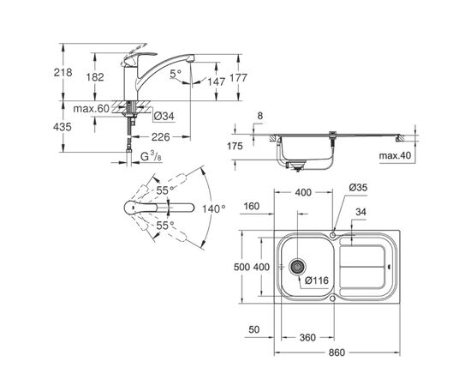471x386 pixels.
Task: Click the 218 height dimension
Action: pyautogui.click(x=63, y=73)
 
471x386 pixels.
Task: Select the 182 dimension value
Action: pyautogui.click(x=95, y=77)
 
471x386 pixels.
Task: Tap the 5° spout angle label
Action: pyautogui.click(x=176, y=74)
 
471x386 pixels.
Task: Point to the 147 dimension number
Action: pyautogui.click(x=217, y=81)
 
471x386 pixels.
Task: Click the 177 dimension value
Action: pyautogui.click(x=238, y=78)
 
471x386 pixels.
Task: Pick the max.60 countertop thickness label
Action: pyautogui.click(x=92, y=109)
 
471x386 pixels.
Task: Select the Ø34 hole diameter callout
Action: pyautogui.click(x=164, y=116)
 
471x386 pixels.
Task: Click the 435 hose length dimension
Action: pyautogui.click(x=63, y=127)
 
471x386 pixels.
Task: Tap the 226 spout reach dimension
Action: pyautogui.click(x=161, y=137)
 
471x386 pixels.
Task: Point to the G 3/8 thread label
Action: pyautogui.click(x=151, y=156)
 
